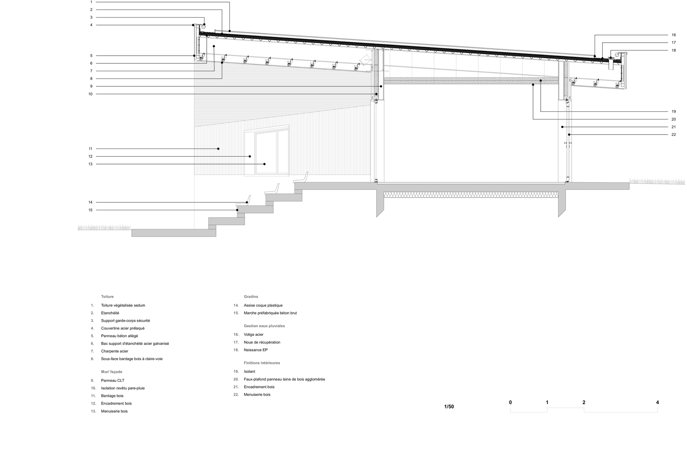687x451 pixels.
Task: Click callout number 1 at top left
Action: click(x=91, y=2)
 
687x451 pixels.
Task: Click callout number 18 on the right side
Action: click(x=674, y=50)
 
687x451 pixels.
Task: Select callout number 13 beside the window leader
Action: click(x=90, y=164)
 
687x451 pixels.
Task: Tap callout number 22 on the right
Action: click(x=674, y=135)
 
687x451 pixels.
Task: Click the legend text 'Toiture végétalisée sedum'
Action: click(x=123, y=305)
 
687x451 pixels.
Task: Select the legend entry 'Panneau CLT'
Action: click(x=113, y=380)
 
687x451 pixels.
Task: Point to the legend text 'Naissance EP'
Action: click(x=256, y=350)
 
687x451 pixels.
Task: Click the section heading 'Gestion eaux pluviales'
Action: click(x=264, y=326)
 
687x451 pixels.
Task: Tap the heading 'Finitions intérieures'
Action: click(x=262, y=363)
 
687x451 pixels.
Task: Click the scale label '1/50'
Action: click(x=449, y=407)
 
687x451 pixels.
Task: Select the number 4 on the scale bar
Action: click(x=657, y=402)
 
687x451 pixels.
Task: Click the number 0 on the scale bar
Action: click(x=510, y=402)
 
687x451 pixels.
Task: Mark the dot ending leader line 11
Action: click(x=218, y=149)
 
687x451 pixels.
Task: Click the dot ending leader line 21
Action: click(x=562, y=127)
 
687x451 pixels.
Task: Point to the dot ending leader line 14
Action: click(x=247, y=202)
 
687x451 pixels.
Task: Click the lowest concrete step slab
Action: click(x=174, y=233)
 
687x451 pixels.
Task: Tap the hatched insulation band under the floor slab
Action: click(x=471, y=195)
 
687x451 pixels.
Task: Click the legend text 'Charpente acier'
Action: click(x=114, y=351)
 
